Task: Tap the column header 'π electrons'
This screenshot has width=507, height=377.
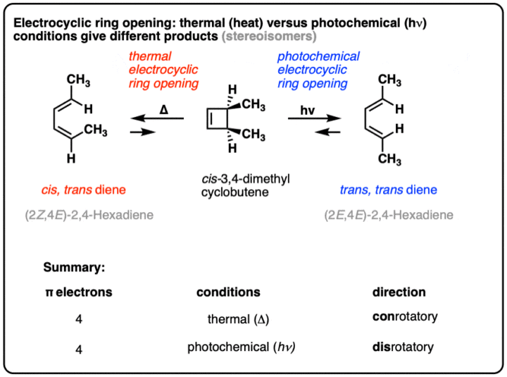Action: click(78, 292)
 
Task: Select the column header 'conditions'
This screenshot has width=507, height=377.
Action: click(228, 292)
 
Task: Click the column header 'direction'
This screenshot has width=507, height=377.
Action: click(399, 292)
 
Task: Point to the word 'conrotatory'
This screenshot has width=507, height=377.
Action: click(405, 317)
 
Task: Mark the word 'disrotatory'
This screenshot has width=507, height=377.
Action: click(403, 347)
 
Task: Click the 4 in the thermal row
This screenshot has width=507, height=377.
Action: click(80, 319)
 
